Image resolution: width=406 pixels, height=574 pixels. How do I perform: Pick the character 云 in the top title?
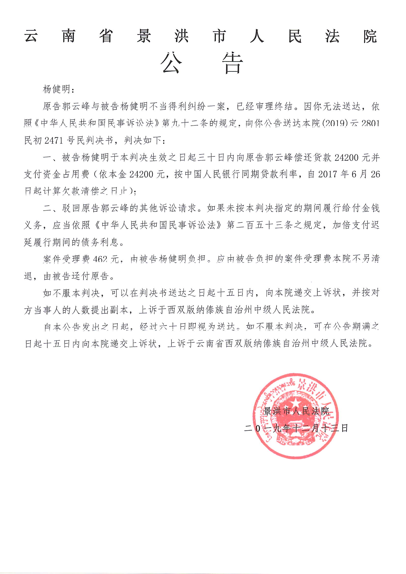[x=31, y=37]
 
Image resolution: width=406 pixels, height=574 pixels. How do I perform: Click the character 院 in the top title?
[x=369, y=37]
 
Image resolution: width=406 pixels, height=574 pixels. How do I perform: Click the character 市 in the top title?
[x=219, y=37]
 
